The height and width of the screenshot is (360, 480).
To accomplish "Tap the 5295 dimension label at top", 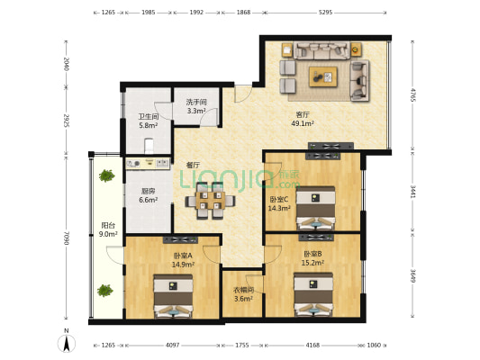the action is tap(325, 13).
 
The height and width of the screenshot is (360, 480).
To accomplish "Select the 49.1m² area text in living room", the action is tap(303, 123).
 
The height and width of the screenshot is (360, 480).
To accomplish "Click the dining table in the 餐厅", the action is tap(211, 201).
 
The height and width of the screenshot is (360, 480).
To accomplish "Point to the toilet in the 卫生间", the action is tap(149, 146).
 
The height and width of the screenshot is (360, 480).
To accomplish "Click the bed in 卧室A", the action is tap(173, 296).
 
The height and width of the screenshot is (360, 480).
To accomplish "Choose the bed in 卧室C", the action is tap(315, 208).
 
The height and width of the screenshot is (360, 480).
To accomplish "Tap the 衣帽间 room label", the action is tap(244, 290).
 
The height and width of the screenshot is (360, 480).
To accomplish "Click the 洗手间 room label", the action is tap(196, 102).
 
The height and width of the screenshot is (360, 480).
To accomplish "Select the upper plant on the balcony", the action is tap(107, 175).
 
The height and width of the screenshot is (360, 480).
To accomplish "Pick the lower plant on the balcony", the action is tap(105, 291).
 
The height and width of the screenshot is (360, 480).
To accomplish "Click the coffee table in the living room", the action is tap(323, 76).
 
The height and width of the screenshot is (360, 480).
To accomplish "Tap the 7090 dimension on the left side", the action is tap(67, 238).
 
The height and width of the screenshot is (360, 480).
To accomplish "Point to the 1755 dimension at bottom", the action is tap(242, 345).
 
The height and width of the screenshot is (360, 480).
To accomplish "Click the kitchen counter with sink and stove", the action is tap(148, 164).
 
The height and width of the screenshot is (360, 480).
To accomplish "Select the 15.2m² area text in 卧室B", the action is tap(312, 263).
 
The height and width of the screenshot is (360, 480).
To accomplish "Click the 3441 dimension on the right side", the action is tap(413, 192).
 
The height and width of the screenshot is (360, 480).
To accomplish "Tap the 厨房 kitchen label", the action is tap(149, 191).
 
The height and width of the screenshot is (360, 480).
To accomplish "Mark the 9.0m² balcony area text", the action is tap(108, 234).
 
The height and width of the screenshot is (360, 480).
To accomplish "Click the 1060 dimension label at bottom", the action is tap(374, 345).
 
